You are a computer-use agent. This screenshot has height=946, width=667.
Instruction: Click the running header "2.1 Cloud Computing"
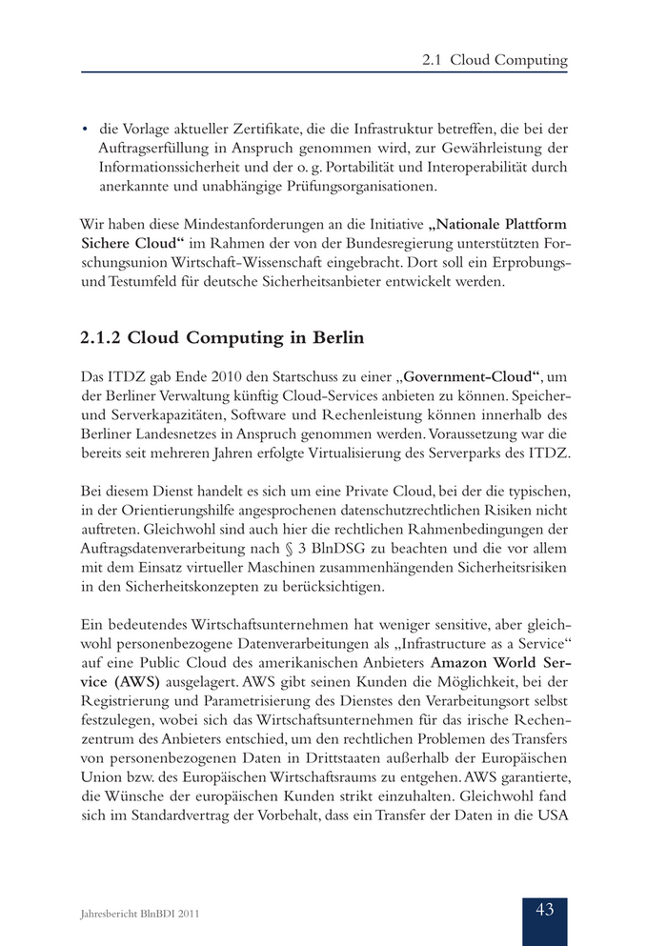coord(495,60)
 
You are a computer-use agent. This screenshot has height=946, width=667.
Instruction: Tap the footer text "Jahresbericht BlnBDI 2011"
coord(139,915)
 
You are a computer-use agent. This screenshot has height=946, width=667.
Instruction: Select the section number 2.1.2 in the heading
coord(99,337)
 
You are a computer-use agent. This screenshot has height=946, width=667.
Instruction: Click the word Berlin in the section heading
coord(331,337)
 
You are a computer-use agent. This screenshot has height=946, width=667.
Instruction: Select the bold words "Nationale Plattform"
coord(498,225)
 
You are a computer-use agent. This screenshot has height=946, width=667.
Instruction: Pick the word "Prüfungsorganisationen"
coord(354,185)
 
